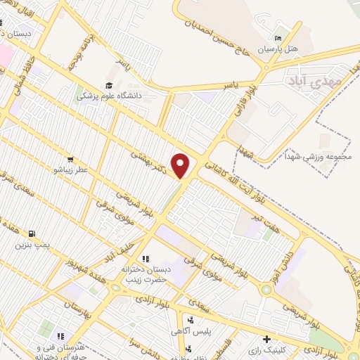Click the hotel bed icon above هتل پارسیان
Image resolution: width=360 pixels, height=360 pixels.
(279, 38)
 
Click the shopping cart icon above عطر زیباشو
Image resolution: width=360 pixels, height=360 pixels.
(70, 159)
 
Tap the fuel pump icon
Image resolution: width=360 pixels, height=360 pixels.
(31, 233)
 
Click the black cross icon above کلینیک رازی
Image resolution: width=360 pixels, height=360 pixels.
(266, 339)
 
